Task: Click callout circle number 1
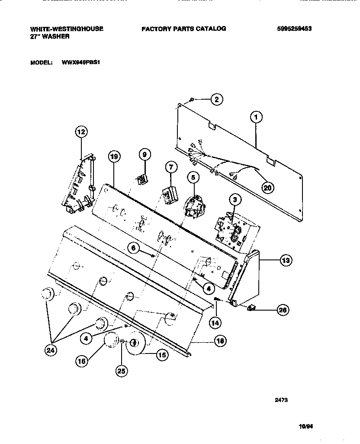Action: pos(257,117)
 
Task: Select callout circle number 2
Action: pos(217,100)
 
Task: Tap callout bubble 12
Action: pos(81,132)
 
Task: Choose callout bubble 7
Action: pos(170,166)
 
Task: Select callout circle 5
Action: pos(193,177)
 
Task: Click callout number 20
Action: pos(268,187)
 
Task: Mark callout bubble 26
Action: pos(283,309)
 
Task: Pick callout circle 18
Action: pos(220,341)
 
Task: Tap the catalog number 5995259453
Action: pos(294,29)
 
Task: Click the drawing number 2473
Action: pos(281,400)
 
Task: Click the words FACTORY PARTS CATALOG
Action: pos(183,29)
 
